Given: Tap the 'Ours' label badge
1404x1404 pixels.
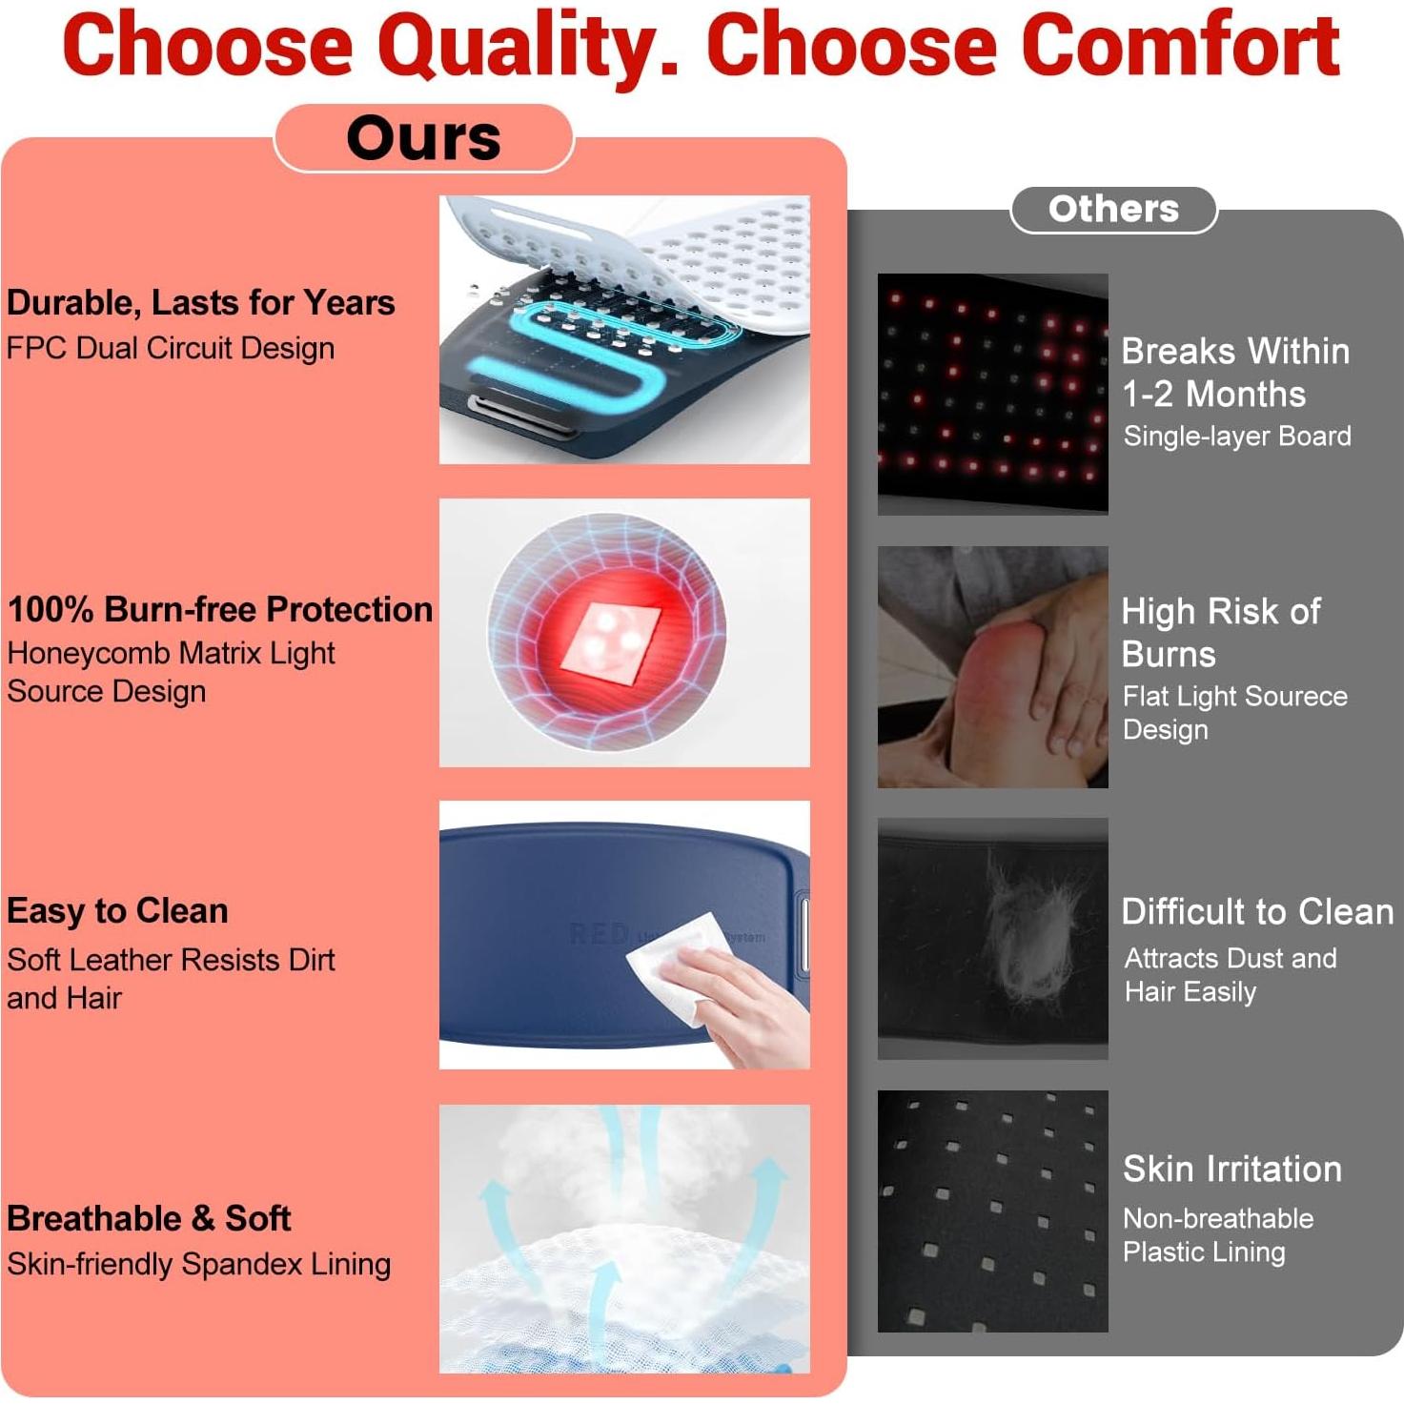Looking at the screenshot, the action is pyautogui.click(x=424, y=138).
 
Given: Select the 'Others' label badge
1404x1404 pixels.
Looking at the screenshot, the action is pyautogui.click(x=1113, y=210).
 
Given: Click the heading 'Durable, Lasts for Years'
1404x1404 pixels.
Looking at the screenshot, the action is pyautogui.click(x=201, y=303).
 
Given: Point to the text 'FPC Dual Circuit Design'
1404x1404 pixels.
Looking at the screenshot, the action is pyautogui.click(x=171, y=348).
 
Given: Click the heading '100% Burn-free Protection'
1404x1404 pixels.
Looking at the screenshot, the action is pyautogui.click(x=220, y=610).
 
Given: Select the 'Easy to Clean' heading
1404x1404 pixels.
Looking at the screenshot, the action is pyautogui.click(x=117, y=911).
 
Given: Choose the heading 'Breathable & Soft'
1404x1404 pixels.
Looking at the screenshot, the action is pyautogui.click(x=149, y=1219).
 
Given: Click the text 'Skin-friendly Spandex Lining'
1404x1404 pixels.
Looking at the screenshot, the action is pyautogui.click(x=199, y=1265).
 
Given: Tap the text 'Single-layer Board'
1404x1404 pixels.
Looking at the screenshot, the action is pyautogui.click(x=1237, y=437).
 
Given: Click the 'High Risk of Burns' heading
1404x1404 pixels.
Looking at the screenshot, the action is pyautogui.click(x=1220, y=632).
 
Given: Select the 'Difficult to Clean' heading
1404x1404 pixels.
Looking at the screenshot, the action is pyautogui.click(x=1257, y=912).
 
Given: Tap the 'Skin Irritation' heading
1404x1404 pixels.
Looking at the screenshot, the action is pyautogui.click(x=1232, y=1170).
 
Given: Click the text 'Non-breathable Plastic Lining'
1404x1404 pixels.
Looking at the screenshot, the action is pyautogui.click(x=1218, y=1235).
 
